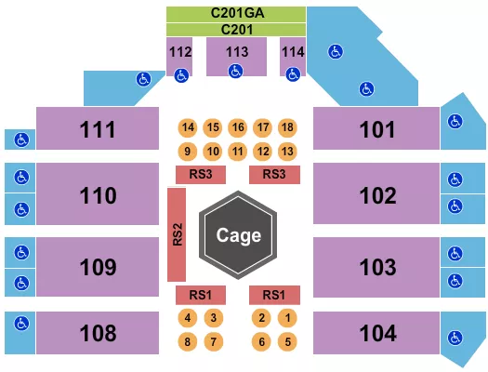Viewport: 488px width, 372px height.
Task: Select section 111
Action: [x=99, y=128]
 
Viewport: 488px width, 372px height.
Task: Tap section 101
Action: [x=376, y=128]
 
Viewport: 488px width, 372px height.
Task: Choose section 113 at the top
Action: [x=236, y=52]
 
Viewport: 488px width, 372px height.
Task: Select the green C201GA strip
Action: [x=236, y=14]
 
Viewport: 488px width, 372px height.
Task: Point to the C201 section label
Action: [x=236, y=30]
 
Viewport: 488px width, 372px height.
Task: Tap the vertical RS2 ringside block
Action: [x=176, y=234]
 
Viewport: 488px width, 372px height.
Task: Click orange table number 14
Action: [x=188, y=127]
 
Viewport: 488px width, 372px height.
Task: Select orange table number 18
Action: [x=287, y=127]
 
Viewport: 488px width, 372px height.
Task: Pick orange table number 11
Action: [x=237, y=151]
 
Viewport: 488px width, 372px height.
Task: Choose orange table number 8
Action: [x=188, y=341]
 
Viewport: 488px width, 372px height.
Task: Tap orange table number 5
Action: [x=288, y=341]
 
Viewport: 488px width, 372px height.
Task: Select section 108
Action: [x=99, y=332]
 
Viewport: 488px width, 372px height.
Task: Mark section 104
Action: [x=376, y=332]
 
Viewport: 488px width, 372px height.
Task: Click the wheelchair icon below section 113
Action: [x=236, y=71]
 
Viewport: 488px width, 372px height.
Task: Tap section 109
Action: [x=99, y=267]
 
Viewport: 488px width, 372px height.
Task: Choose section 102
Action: [x=376, y=196]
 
